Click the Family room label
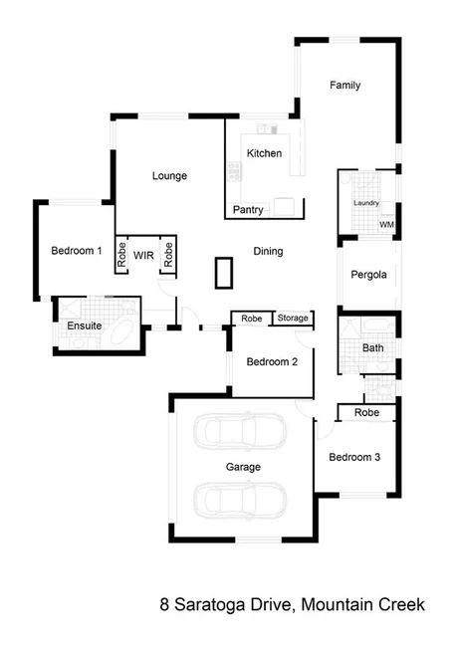click(x=344, y=86)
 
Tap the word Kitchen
click(x=265, y=153)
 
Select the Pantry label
click(x=248, y=210)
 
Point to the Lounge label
click(x=169, y=176)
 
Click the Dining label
click(x=267, y=252)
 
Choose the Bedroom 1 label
click(x=76, y=252)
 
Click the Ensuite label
click(x=84, y=325)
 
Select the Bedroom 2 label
click(x=273, y=362)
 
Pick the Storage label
click(x=293, y=319)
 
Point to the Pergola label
click(x=368, y=276)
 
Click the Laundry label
click(x=365, y=204)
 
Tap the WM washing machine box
click(x=385, y=225)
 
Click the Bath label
click(x=372, y=348)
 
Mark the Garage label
click(x=243, y=467)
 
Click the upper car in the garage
click(x=240, y=432)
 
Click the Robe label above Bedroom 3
click(x=366, y=412)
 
